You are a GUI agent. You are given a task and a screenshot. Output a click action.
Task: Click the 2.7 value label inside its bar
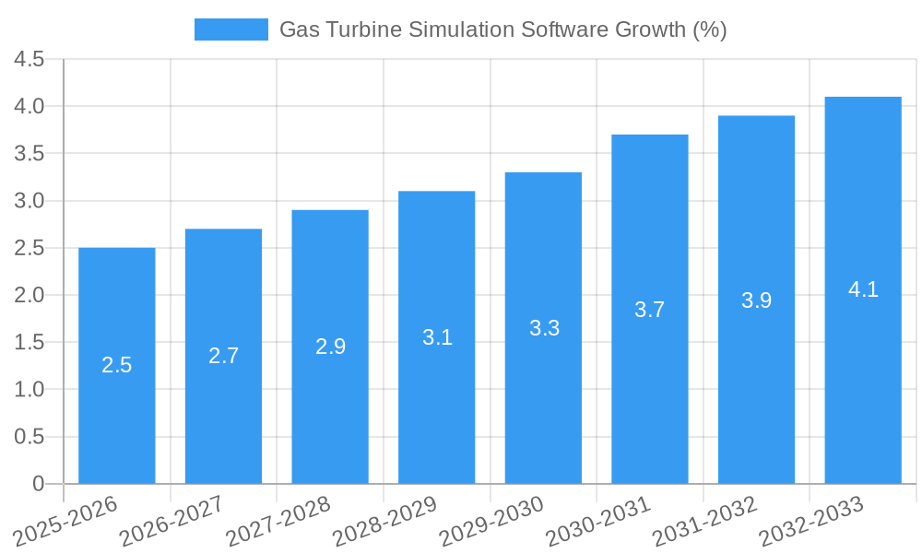[x=223, y=356]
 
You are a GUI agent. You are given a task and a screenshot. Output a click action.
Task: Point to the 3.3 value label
[x=544, y=328]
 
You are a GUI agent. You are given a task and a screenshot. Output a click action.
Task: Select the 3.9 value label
[x=756, y=300]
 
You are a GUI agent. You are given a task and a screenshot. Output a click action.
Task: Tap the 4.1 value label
[x=863, y=289]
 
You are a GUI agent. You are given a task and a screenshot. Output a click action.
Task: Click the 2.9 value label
[x=330, y=347]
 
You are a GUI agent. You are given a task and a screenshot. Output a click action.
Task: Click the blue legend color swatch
[x=230, y=29]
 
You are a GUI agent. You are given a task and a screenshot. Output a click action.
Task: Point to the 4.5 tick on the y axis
[x=30, y=59]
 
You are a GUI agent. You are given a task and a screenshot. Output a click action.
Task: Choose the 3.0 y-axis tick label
[x=30, y=201]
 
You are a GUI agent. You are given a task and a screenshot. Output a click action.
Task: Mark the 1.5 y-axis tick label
[x=30, y=342]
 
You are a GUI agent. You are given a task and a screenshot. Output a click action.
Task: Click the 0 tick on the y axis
[x=38, y=484]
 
